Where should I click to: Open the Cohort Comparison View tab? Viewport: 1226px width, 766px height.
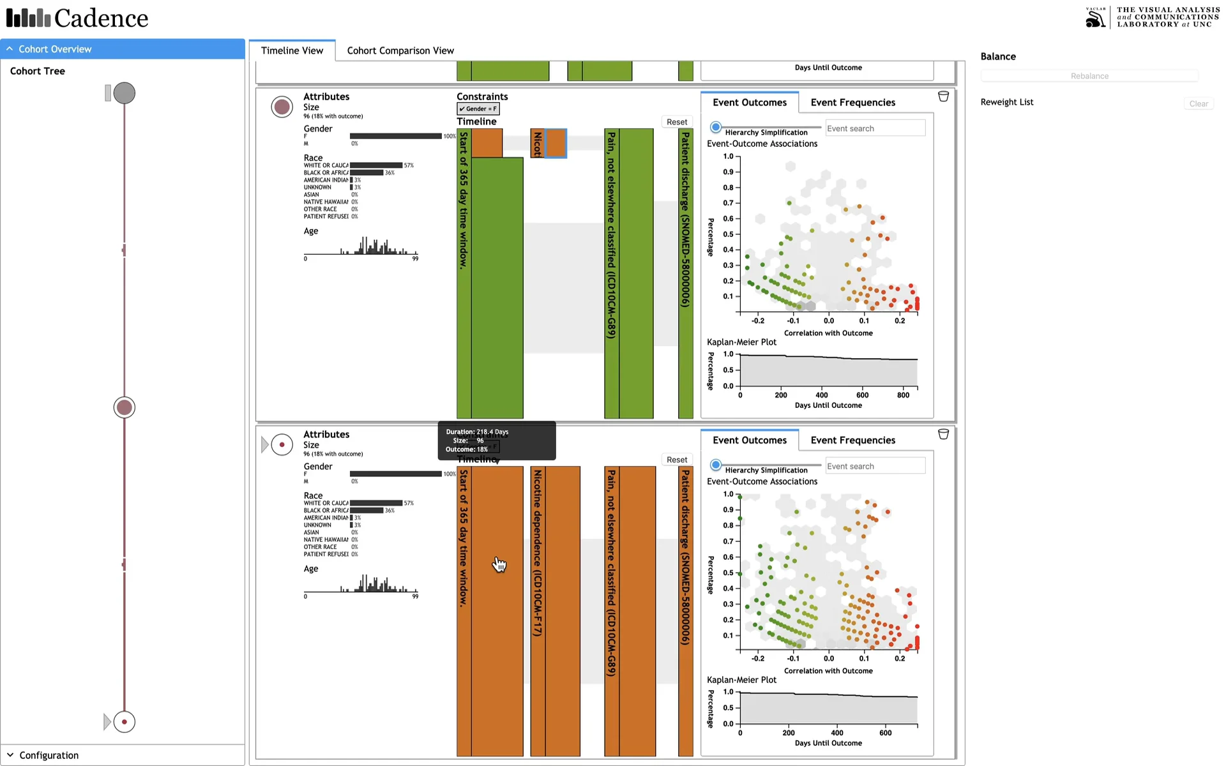[400, 50]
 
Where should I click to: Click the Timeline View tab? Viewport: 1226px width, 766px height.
[292, 50]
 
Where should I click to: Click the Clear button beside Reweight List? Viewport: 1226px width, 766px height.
[1198, 103]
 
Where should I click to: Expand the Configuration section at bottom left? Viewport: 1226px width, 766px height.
[49, 755]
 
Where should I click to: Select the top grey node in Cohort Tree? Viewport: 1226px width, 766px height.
[125, 93]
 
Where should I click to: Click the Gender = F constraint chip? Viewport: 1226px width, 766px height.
[478, 109]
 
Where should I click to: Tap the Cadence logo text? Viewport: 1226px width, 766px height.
[101, 18]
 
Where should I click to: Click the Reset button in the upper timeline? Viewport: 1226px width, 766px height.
[676, 122]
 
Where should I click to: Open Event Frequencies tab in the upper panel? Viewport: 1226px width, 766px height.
[852, 102]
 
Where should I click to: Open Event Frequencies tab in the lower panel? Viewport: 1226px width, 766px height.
[852, 440]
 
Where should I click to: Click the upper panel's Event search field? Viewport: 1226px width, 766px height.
[875, 128]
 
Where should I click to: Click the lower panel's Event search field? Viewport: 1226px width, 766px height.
[875, 466]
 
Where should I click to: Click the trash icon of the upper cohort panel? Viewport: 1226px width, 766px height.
[943, 96]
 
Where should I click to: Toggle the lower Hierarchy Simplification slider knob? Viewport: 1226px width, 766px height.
[716, 465]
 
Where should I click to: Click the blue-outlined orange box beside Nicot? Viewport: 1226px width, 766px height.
[556, 143]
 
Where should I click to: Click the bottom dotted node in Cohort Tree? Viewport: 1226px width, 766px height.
[125, 722]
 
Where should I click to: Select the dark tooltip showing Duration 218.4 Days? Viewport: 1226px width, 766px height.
[497, 440]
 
